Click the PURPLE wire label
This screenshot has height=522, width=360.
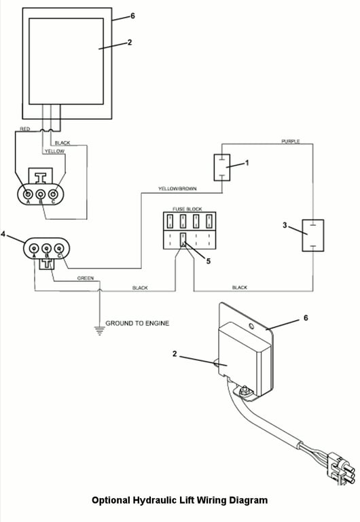[291, 141]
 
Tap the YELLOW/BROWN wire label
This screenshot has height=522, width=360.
[177, 189]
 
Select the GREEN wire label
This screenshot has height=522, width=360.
[86, 278]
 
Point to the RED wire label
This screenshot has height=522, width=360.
[25, 129]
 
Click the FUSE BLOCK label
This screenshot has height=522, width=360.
[187, 209]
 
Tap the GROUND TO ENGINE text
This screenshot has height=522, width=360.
[137, 324]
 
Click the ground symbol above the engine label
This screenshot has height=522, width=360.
[99, 330]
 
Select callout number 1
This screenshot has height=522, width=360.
[247, 163]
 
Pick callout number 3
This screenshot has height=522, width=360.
[285, 226]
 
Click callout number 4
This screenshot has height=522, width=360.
[3, 234]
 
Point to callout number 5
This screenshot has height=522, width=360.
[209, 261]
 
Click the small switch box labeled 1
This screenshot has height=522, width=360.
[222, 167]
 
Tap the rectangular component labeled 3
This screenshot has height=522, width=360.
[312, 235]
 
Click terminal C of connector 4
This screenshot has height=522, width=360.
[59, 248]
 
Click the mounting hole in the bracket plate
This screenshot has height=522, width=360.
[251, 326]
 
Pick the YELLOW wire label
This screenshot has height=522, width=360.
[55, 152]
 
